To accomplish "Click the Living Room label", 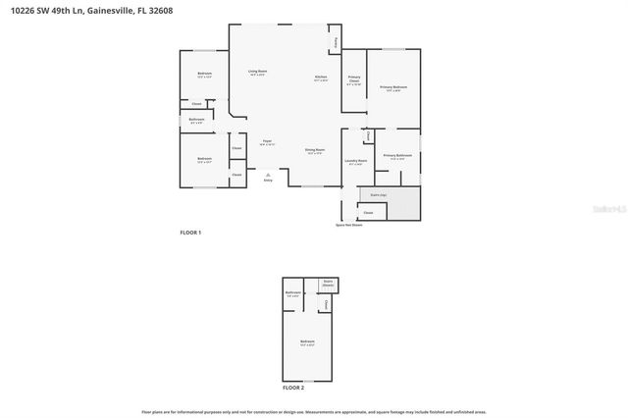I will click(257, 72).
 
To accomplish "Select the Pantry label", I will click(337, 41).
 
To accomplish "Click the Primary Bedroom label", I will click(393, 87).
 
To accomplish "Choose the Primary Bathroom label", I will click(397, 155).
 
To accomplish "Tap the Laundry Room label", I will click(356, 160).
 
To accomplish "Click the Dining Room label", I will click(315, 149).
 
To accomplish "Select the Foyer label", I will click(267, 141).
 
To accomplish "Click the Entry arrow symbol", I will click(268, 174).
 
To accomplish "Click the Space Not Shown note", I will click(349, 225).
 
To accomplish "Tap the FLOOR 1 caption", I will click(190, 233).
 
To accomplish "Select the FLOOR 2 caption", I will click(293, 389).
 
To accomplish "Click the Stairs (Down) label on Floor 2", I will click(329, 283).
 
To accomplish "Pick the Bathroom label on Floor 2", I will click(292, 292).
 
